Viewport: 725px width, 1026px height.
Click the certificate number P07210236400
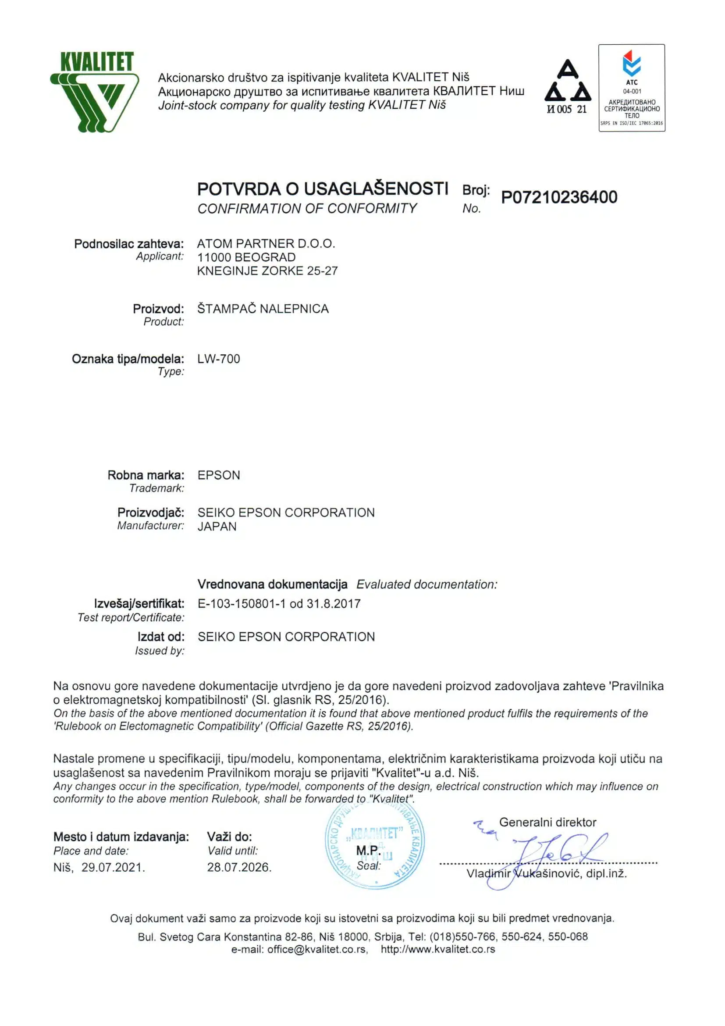point(559,197)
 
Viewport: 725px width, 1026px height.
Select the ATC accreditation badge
point(631,88)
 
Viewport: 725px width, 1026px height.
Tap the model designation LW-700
point(218,359)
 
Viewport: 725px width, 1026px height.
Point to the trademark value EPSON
point(218,475)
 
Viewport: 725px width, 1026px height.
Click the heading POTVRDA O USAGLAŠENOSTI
point(323,189)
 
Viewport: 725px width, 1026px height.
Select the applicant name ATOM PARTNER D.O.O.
point(266,243)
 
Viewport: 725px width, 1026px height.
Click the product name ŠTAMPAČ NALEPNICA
point(263,309)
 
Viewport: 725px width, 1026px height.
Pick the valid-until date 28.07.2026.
point(239,867)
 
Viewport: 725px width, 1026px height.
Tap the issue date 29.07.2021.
point(113,867)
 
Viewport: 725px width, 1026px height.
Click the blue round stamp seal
point(375,844)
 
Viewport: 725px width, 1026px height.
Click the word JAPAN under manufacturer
point(217,527)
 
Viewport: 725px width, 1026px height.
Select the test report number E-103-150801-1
point(241,604)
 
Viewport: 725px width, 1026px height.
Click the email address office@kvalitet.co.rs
point(317,950)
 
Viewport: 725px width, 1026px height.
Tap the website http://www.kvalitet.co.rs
point(438,950)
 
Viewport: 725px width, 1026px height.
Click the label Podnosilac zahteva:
point(129,244)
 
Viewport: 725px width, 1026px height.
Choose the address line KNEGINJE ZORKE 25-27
point(267,271)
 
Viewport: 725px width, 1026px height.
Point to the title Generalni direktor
point(547,822)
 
